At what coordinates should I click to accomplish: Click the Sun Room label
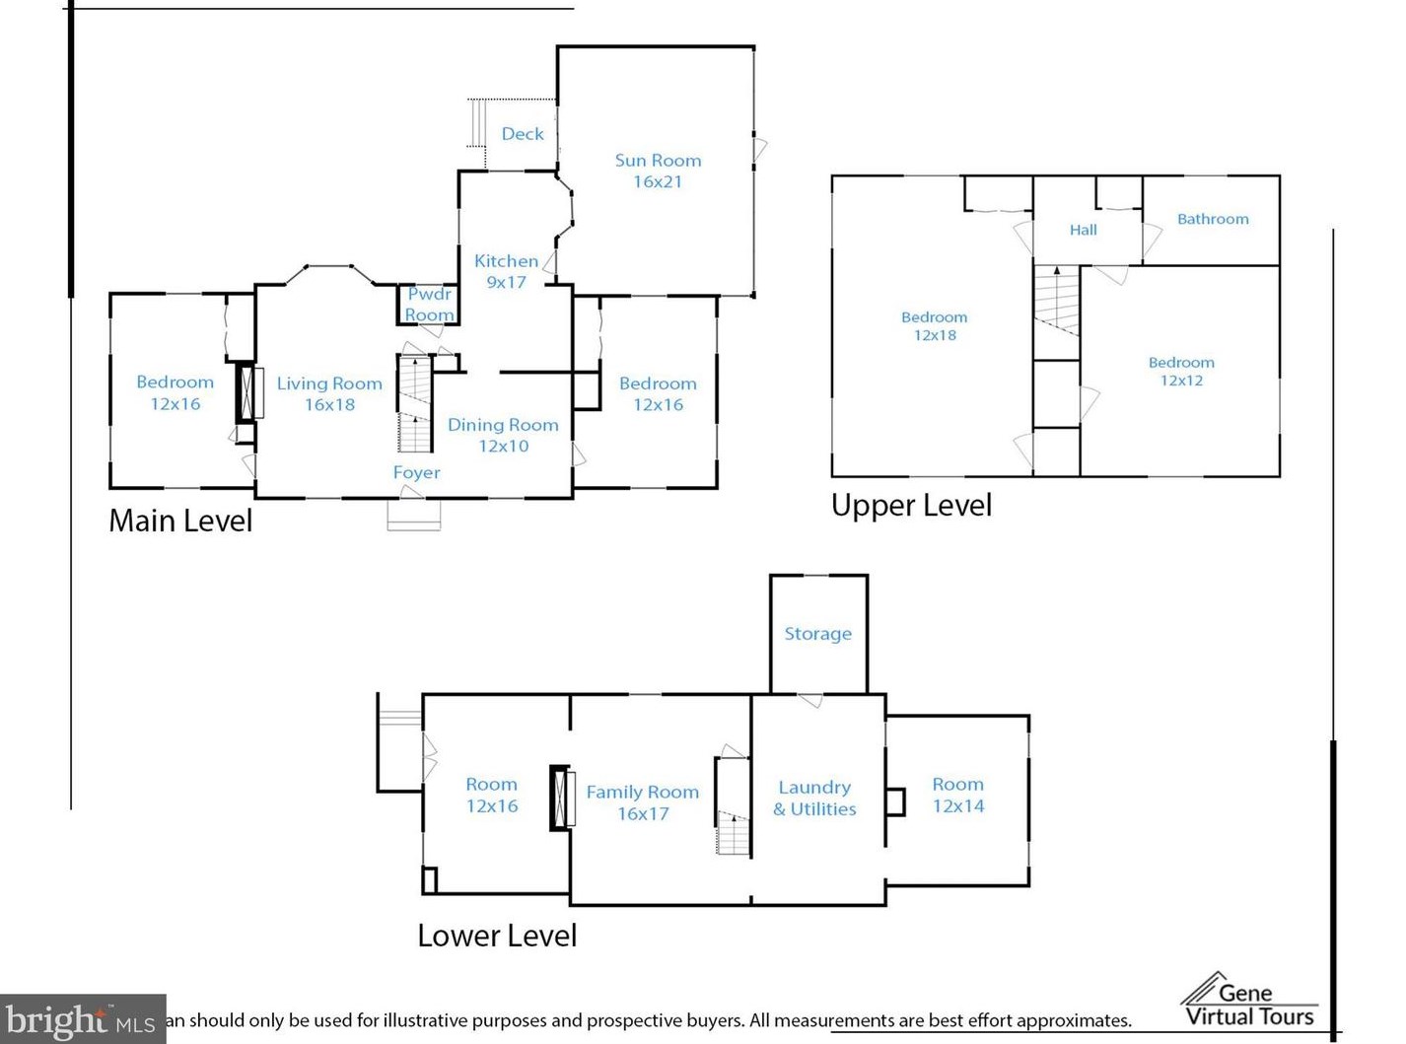coord(658,171)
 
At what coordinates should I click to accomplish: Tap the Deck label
coord(523,134)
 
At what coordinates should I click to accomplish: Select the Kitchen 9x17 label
coord(506,271)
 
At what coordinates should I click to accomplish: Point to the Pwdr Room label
coord(429,305)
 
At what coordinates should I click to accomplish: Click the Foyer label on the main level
coord(416,473)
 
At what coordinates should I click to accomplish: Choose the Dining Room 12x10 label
coord(503,435)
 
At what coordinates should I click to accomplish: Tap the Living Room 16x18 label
coord(329,393)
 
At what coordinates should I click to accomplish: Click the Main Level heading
coord(180,521)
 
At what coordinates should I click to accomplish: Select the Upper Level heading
coord(912,505)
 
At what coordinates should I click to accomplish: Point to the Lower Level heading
coord(497,936)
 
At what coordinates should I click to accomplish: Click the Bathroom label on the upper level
coord(1213,219)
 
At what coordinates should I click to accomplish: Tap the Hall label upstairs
coord(1083,230)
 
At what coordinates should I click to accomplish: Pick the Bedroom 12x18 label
coord(935,325)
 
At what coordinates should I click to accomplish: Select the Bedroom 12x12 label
coord(1181,372)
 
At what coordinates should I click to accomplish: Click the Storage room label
coord(817,634)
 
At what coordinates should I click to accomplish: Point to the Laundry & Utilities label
coord(814,799)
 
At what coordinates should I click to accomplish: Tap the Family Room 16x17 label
coord(643,802)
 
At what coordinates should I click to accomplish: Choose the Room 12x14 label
coord(957,795)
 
